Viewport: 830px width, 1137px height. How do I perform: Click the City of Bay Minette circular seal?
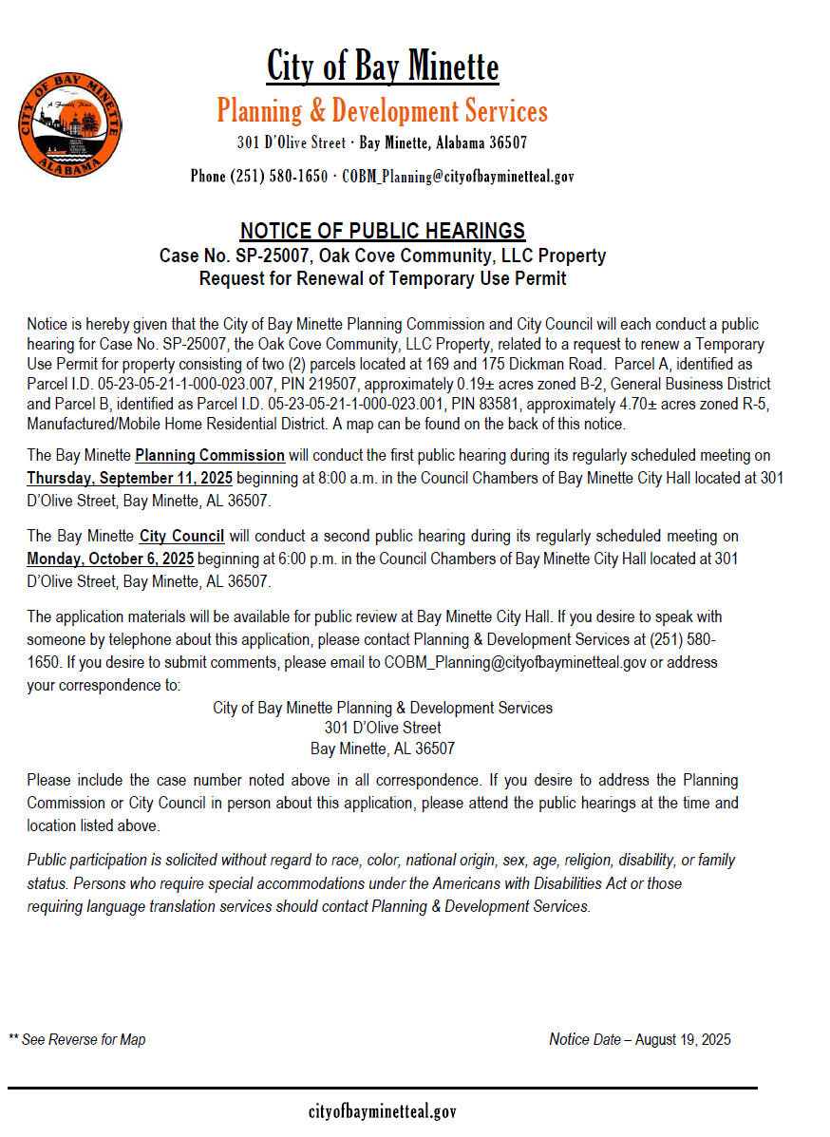coord(69,124)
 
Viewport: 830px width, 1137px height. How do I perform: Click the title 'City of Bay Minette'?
coord(383,66)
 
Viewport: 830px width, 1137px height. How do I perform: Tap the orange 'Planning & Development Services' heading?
coord(383,111)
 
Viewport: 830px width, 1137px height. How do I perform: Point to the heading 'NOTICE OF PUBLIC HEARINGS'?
coord(383,231)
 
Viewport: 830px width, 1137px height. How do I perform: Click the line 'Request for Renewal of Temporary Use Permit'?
coord(383,279)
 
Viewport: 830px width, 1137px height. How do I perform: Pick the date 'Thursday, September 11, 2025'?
coord(129,477)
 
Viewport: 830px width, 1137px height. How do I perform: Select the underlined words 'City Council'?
coord(181,538)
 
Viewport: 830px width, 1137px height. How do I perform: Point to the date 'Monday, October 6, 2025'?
coord(110,559)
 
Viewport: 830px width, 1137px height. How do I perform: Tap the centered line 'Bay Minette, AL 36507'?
coord(383,749)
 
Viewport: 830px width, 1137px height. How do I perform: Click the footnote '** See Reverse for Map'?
coord(78,1040)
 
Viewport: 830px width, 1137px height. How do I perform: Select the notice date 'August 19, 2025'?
coord(683,1040)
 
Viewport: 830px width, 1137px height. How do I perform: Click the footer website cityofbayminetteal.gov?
coord(383,1111)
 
